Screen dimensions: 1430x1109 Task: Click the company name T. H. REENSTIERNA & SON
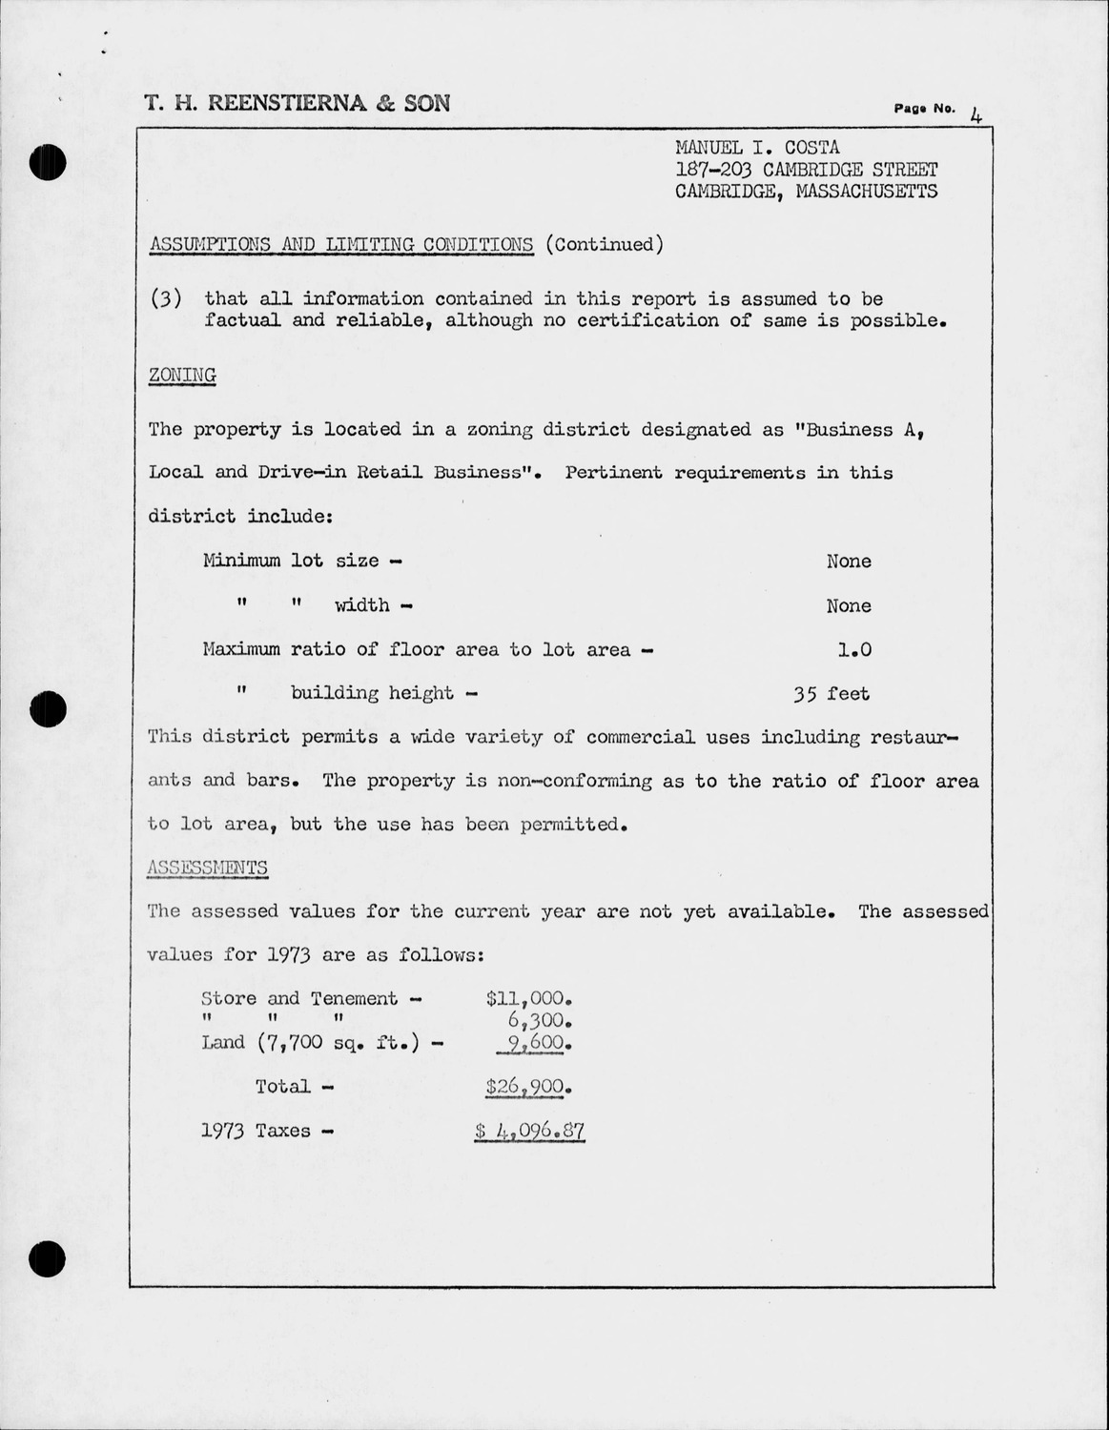tap(297, 103)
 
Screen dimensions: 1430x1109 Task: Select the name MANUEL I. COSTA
tap(757, 148)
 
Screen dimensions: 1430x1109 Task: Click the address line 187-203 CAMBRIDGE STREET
tap(806, 170)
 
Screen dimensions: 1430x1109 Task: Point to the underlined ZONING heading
tap(182, 375)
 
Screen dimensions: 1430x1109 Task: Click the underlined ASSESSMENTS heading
tap(208, 867)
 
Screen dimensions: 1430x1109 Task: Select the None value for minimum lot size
tap(848, 561)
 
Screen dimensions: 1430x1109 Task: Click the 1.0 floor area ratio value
tap(853, 649)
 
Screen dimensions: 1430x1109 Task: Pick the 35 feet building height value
tap(831, 693)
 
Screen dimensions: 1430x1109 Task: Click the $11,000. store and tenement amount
tap(528, 998)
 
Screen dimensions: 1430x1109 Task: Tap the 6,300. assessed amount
tap(539, 1020)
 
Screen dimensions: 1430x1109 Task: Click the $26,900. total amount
tap(528, 1086)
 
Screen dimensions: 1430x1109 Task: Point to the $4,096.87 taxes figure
tap(529, 1131)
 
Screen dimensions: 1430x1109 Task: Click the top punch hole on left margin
tap(47, 162)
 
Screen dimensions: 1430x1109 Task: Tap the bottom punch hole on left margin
tap(47, 1259)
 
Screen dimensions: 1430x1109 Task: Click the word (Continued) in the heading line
tap(604, 244)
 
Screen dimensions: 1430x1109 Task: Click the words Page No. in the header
tap(924, 109)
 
